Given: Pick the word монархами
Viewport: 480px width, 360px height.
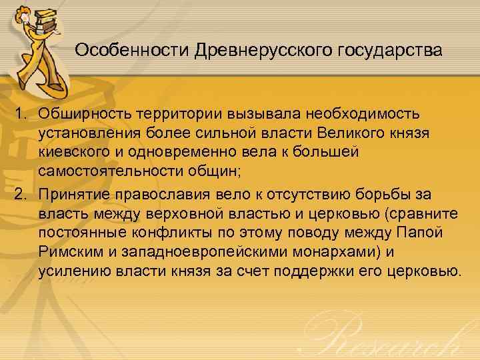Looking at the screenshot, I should (331, 251).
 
